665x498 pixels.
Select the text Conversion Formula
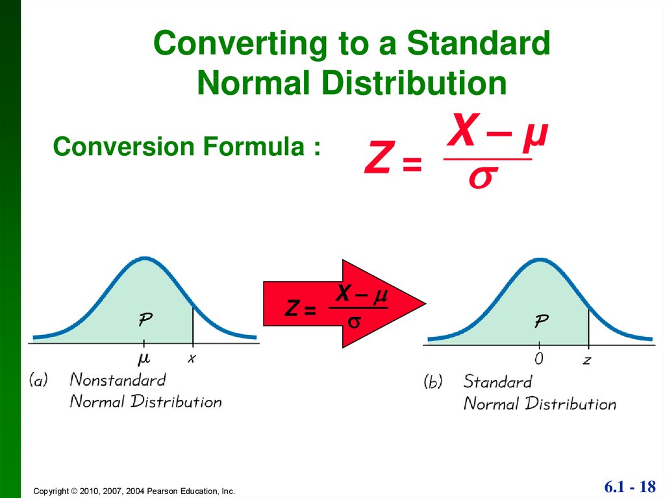(x=186, y=147)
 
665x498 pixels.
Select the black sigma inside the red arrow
(x=356, y=321)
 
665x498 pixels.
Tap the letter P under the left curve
(x=145, y=319)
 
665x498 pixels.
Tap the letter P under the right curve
(x=541, y=320)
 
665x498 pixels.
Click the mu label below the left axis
(x=144, y=358)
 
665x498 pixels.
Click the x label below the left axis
(x=192, y=358)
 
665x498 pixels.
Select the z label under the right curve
(x=586, y=360)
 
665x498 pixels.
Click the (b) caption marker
(x=433, y=382)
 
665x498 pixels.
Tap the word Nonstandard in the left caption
(x=118, y=379)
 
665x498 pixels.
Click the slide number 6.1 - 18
(x=630, y=486)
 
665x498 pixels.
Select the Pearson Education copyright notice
(x=134, y=492)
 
